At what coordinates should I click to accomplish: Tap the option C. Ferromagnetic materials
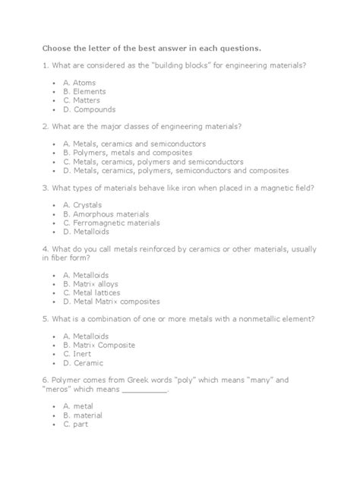click(112, 223)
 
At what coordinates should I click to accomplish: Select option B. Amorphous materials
click(106, 214)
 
